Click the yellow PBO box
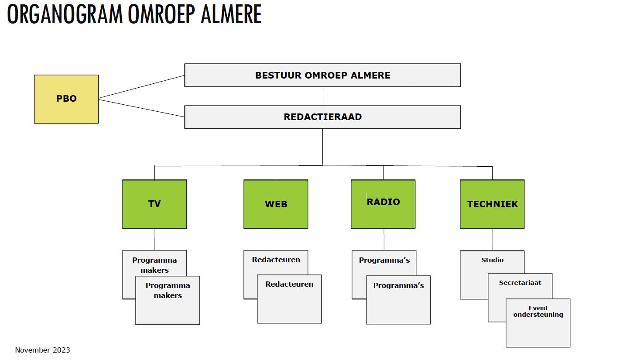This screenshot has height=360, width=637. point(66,99)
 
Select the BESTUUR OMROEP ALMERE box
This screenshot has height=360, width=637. point(322,75)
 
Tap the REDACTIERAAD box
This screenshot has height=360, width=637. point(322,117)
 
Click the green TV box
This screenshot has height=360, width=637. point(154,204)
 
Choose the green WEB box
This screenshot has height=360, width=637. point(276,204)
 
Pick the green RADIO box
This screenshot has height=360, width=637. point(383,204)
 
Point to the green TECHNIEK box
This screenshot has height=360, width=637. point(492,204)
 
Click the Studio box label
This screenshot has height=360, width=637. point(492,260)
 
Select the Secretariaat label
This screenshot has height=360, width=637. point(520,283)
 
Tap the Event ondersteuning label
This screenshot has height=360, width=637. point(538,311)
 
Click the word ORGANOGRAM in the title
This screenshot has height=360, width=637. point(65,14)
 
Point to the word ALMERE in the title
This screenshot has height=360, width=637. point(231,14)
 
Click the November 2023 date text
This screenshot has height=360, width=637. point(42,350)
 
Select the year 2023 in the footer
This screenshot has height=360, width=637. point(62,350)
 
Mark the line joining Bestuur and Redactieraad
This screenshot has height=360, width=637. point(323,96)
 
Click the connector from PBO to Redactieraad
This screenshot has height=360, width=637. point(141,108)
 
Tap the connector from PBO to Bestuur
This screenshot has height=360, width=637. point(141,87)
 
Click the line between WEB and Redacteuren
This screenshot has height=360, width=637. point(276,239)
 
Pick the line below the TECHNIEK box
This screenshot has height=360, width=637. point(493,239)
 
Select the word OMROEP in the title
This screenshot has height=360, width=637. point(161,14)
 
